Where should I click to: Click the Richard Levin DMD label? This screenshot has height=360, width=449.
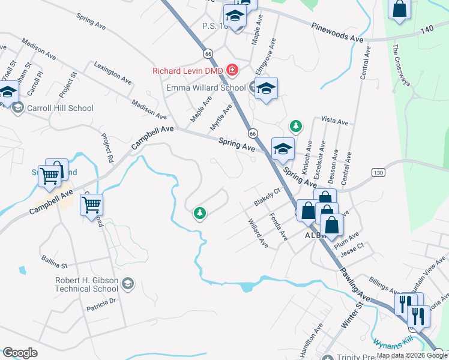point(187,71)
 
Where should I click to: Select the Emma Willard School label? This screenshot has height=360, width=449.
point(206,88)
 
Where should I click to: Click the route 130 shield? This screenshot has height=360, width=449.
point(378,173)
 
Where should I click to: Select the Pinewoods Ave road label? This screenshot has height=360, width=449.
point(337,32)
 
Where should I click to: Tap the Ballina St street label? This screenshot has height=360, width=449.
point(55,263)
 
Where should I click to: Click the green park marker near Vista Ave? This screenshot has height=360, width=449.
point(295,126)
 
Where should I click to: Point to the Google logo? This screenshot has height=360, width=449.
point(20,352)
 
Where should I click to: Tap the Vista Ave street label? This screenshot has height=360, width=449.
point(335,121)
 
